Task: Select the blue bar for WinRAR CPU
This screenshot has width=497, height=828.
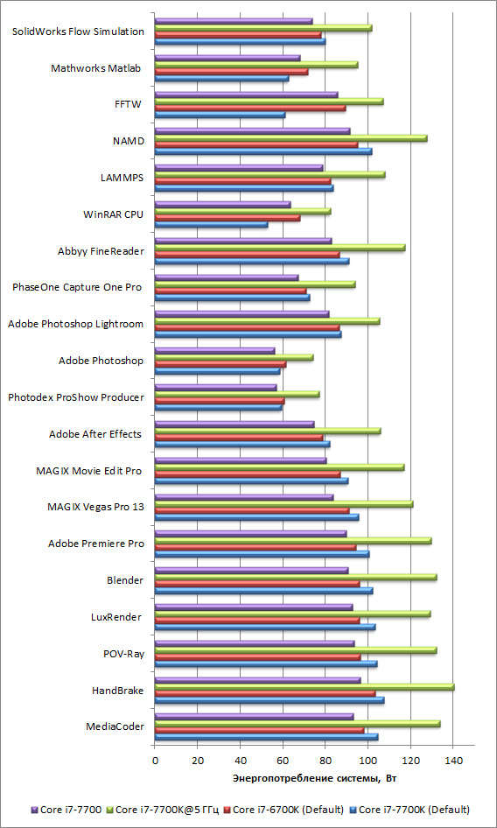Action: coord(211,224)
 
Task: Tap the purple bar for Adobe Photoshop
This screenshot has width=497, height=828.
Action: coord(215,351)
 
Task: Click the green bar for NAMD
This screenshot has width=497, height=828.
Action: coord(291,138)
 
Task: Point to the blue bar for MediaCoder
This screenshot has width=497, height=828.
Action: coord(267,737)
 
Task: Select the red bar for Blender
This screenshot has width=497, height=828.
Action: coord(257,584)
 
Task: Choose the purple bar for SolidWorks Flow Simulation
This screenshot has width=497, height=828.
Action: coord(234,21)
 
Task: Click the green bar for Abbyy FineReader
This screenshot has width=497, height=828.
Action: coord(281,248)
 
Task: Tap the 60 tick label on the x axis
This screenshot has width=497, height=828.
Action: coord(283,761)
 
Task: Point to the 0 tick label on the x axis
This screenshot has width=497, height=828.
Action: coord(155,761)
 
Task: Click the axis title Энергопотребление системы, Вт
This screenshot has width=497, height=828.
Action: coord(315,778)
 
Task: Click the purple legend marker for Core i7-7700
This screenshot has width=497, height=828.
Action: coord(35,809)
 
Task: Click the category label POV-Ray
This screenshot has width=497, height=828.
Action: coord(124,655)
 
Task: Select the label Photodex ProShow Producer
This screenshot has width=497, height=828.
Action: coord(76,397)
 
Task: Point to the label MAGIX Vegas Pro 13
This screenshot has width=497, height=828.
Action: coord(95,508)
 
